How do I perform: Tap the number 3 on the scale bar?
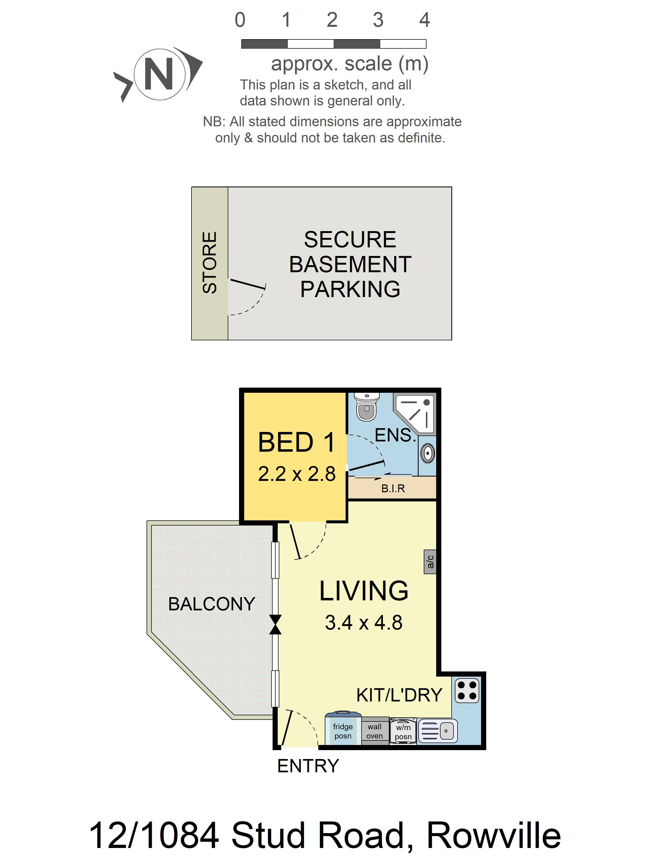[x=378, y=19]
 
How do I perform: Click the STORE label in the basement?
[x=210, y=262]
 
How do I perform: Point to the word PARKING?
[x=350, y=290]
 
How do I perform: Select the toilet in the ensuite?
[x=367, y=407]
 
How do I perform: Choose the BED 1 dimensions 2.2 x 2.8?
[x=297, y=474]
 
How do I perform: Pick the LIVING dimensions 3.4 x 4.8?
[x=363, y=623]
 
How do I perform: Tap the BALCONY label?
[x=212, y=604]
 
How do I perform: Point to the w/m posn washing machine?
[x=403, y=731]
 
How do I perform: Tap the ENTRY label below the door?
[x=308, y=766]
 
